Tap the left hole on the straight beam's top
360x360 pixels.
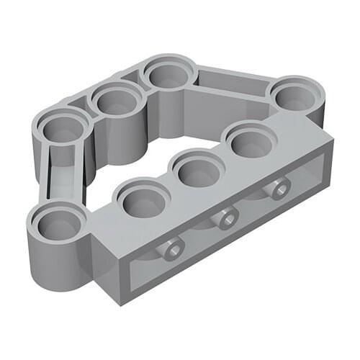(140, 202)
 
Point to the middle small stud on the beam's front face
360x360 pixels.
(227, 217)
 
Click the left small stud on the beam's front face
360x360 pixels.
(173, 250)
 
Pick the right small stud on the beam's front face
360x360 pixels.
(276, 189)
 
